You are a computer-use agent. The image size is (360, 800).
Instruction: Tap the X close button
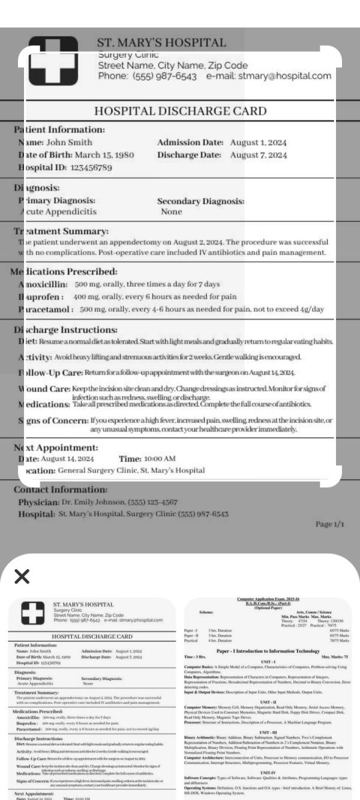tap(23, 577)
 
